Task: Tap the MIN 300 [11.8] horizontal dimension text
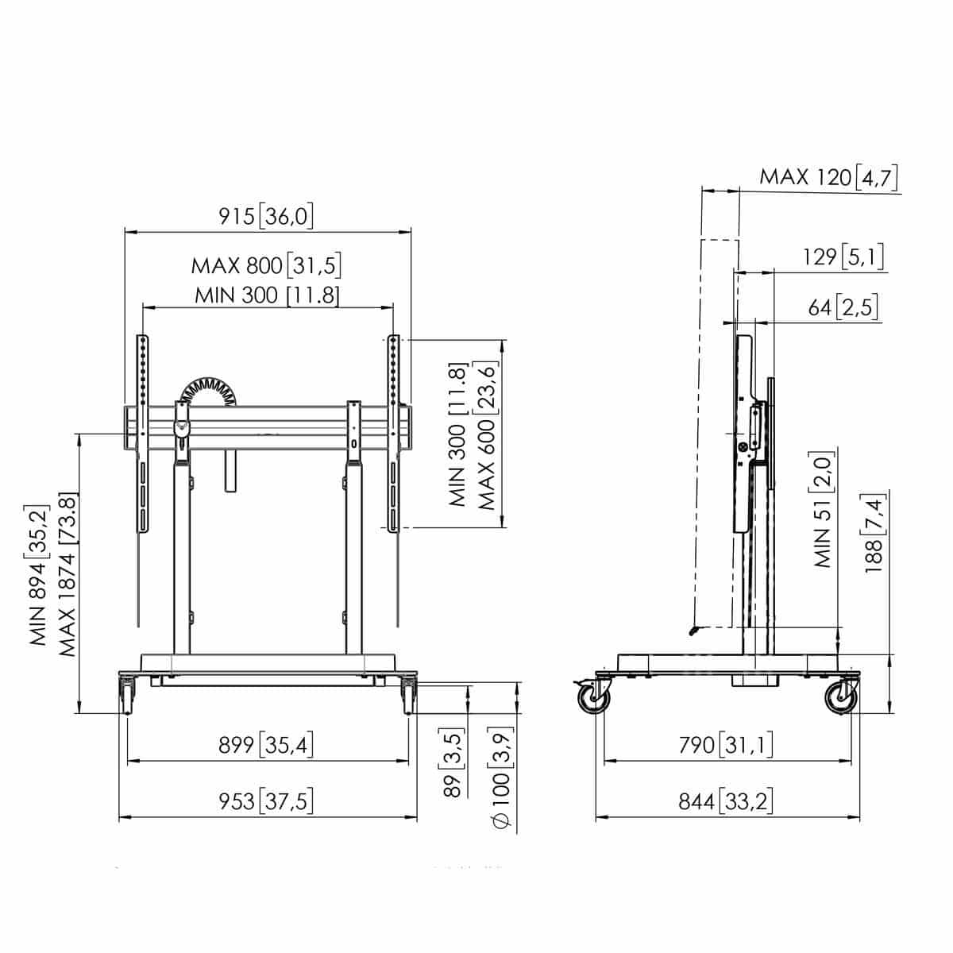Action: pyautogui.click(x=267, y=295)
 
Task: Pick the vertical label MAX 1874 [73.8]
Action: pyautogui.click(x=68, y=575)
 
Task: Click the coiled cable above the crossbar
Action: pyautogui.click(x=208, y=392)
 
